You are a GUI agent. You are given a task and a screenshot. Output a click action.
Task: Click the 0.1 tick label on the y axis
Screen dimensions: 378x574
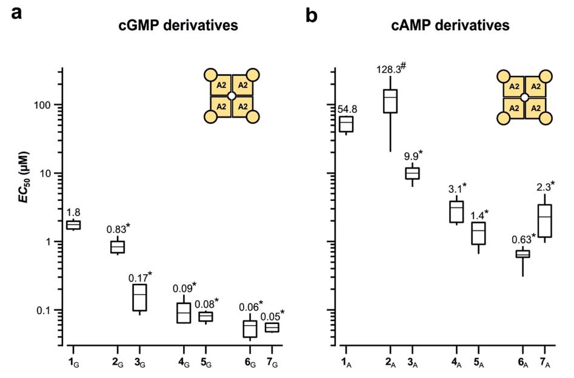42,310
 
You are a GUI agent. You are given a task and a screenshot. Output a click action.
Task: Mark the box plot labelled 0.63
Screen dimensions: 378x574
522,254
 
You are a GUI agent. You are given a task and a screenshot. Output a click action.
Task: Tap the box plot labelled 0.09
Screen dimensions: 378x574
184,312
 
